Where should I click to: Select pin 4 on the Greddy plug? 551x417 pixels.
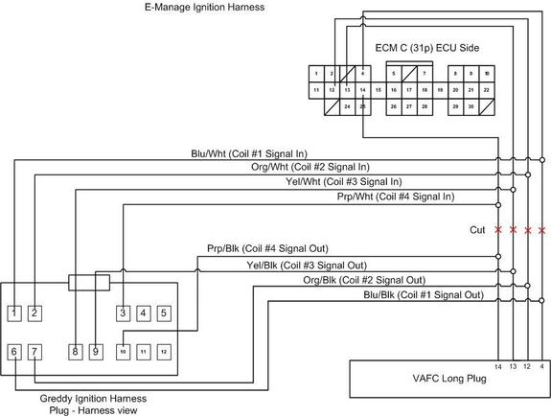(x=143, y=313)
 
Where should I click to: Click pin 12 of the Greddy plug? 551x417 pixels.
(x=164, y=352)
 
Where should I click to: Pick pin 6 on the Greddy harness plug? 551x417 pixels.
(x=14, y=352)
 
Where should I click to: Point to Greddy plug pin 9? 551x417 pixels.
(x=96, y=352)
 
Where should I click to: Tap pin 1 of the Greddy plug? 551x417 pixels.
(x=14, y=313)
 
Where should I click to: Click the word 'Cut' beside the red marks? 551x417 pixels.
(x=477, y=230)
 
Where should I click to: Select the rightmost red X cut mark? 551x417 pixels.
(x=542, y=231)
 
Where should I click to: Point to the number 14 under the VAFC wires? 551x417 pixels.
(x=498, y=366)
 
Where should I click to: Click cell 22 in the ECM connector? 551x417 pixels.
(x=487, y=89)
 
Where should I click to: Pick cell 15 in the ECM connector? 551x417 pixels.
(x=379, y=89)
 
